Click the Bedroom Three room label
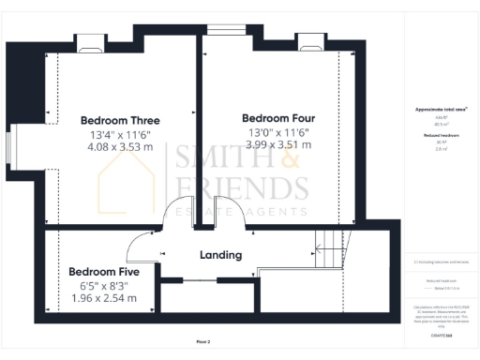click(120, 120)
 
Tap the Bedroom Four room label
click(277, 118)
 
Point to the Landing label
click(221, 254)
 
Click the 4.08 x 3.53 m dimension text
click(120, 147)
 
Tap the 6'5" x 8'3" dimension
click(103, 285)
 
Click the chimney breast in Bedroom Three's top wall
click(90, 41)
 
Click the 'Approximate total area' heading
click(441, 110)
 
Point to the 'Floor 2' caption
click(203, 341)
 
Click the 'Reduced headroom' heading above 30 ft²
click(439, 135)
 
